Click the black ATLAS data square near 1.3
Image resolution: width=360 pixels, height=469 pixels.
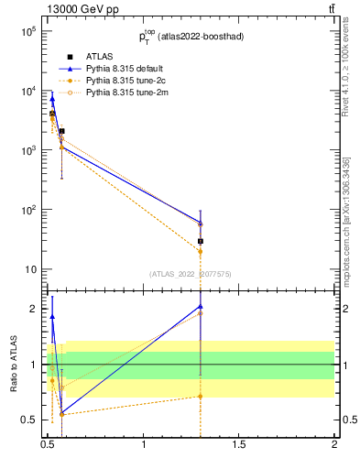(200, 241)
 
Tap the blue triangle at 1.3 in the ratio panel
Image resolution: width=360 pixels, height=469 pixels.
(200, 306)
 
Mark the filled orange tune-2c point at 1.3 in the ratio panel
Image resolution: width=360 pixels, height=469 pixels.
(200, 397)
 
